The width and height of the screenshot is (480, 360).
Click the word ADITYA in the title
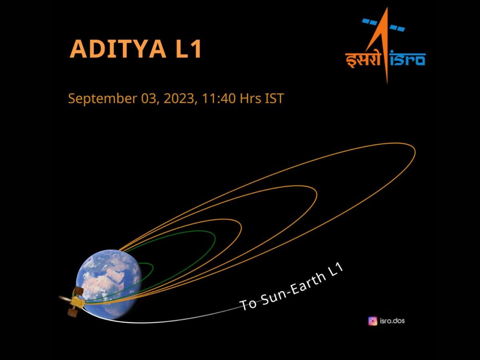[x=118, y=49]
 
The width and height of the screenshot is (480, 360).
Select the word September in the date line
[x=102, y=98]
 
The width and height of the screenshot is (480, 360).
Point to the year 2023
[x=179, y=98]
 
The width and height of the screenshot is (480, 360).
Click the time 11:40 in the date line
[x=218, y=98]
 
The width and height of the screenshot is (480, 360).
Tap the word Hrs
[x=250, y=98]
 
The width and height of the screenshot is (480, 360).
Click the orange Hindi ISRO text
[x=362, y=60]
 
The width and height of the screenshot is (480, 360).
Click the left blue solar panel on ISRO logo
[x=369, y=22]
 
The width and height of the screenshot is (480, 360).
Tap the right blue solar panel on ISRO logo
[x=397, y=28]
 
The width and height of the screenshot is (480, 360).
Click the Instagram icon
[x=373, y=321]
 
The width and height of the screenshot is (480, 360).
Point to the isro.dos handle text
[x=392, y=321]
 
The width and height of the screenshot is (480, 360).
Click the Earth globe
[x=109, y=284]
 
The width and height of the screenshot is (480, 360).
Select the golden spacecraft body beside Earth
[x=77, y=302]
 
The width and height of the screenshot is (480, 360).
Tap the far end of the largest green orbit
[x=215, y=239]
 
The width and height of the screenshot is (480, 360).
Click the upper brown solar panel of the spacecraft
[x=79, y=291]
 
